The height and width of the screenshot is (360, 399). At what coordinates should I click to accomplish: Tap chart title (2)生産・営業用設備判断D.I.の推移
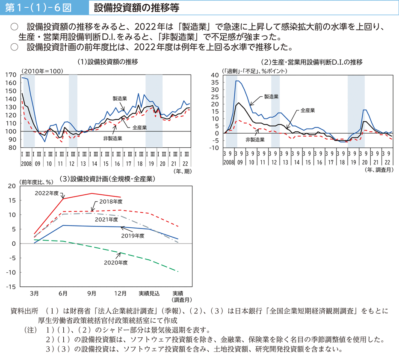311,62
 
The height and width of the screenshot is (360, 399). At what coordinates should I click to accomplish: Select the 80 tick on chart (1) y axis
14,147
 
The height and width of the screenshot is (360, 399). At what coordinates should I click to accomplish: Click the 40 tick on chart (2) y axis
215,75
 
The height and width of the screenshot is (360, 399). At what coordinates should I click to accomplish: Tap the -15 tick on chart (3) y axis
12,287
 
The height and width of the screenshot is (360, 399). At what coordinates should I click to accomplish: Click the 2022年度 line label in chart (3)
47,193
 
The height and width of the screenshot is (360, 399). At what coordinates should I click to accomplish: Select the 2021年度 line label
106,220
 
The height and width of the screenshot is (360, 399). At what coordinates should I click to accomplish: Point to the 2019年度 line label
133,235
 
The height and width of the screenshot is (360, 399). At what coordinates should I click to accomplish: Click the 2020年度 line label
116,262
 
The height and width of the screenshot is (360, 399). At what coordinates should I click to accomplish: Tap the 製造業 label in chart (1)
120,98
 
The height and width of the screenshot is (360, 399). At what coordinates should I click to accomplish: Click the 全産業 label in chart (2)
307,110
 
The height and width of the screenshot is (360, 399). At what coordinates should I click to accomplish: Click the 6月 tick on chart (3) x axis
63,293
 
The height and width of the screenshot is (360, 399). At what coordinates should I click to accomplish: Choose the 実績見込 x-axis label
149,293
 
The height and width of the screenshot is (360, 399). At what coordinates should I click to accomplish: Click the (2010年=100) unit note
41,71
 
